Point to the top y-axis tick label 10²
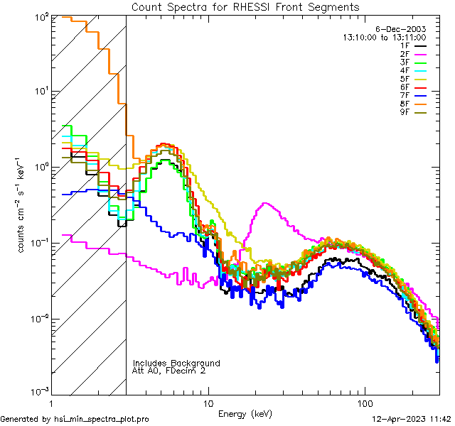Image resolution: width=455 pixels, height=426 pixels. pyautogui.click(x=40, y=16)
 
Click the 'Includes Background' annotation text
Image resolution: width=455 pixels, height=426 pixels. pyautogui.click(x=176, y=363)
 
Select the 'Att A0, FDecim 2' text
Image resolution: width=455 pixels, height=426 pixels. pyautogui.click(x=170, y=371)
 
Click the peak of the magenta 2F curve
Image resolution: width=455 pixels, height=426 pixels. pyautogui.click(x=264, y=203)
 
